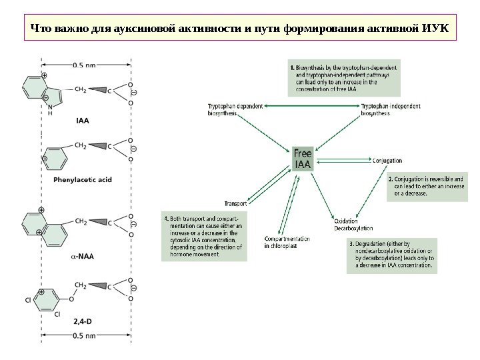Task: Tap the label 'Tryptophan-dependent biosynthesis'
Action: coord(235,109)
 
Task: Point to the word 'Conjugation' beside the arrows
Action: coord(387,161)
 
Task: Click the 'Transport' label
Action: coord(235,203)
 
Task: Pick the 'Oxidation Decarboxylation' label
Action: coord(349,224)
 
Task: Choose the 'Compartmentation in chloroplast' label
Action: coord(287,242)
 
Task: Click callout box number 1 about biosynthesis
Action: coord(344,79)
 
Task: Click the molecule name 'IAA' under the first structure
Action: coord(82,121)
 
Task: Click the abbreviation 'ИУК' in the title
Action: coord(435,29)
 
